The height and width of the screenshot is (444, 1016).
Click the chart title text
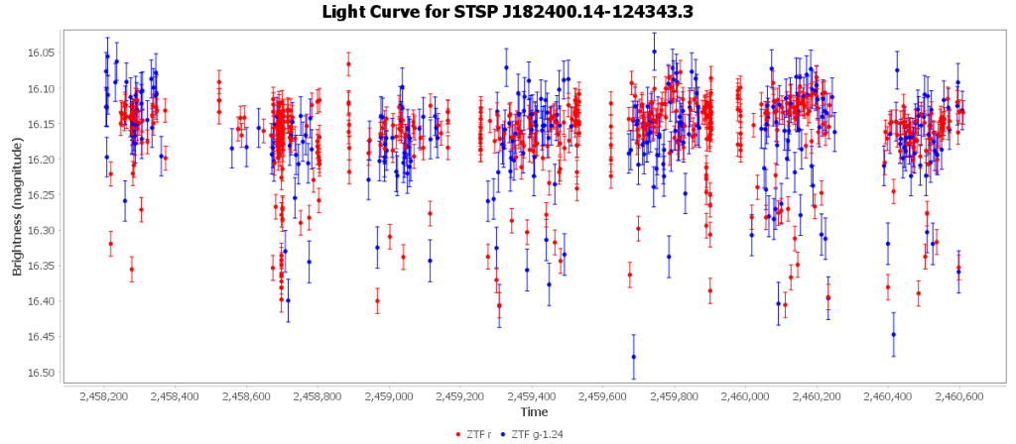(507, 13)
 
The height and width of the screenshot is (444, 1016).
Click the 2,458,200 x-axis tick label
(104, 396)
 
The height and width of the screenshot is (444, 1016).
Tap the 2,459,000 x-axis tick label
(389, 396)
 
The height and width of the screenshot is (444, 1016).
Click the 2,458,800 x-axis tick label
(317, 396)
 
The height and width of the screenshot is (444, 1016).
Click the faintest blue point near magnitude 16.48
(633, 357)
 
